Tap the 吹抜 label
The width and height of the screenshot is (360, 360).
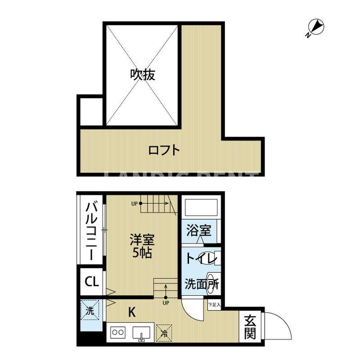143,74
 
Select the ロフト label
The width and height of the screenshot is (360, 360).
164,150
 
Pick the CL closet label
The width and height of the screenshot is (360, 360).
91,282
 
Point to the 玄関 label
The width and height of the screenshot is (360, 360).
250,327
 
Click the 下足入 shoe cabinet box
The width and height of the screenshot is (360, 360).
214,305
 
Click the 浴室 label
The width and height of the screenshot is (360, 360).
199,231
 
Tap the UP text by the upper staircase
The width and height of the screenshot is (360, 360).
134,203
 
